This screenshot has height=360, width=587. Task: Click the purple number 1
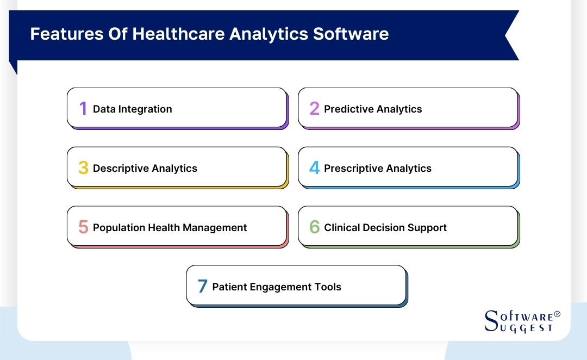(83, 109)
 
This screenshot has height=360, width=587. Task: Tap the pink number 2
(314, 109)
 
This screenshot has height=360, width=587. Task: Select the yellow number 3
(83, 168)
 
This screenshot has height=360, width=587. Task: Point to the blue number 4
(314, 168)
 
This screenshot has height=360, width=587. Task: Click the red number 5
(83, 227)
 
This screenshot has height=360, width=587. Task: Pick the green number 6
(314, 227)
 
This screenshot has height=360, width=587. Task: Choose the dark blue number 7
(202, 287)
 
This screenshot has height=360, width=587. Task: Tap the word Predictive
(348, 109)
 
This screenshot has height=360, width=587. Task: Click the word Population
(119, 228)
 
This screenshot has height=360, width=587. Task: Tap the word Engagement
(277, 287)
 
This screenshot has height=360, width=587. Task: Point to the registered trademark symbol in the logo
(557, 314)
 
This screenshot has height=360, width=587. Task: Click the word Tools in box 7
(328, 287)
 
